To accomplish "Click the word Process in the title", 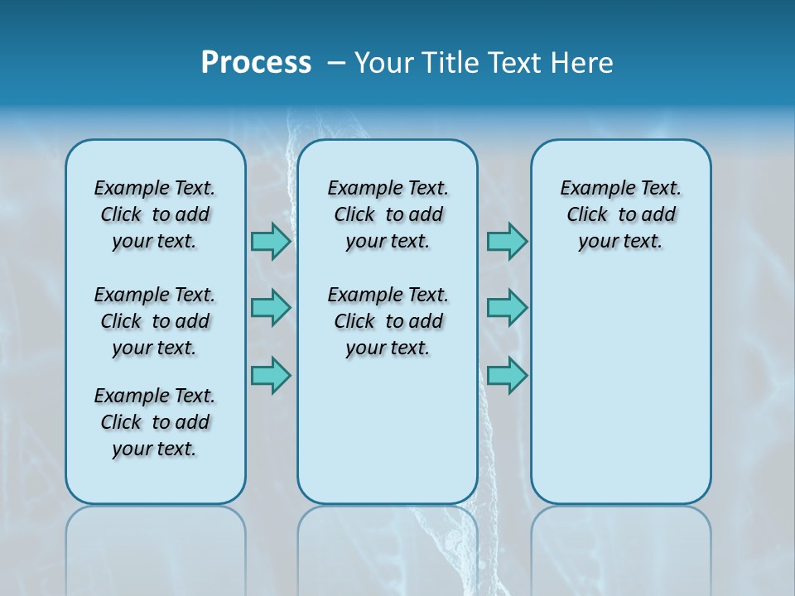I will (256, 63).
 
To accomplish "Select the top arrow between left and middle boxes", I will (271, 242).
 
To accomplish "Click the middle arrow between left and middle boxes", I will (271, 308).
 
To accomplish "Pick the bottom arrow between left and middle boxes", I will (271, 376).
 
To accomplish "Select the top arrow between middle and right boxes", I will (507, 242).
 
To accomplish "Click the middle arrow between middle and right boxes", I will (507, 308).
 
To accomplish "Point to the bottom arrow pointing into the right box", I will (507, 376).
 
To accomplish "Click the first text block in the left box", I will (155, 214).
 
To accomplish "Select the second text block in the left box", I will (155, 321).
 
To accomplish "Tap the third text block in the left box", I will (155, 422).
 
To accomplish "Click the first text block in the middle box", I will (388, 214).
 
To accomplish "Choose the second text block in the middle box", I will (388, 321).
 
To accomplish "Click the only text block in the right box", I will (621, 214).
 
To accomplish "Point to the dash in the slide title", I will (336, 63).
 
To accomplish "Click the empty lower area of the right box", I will (621, 397).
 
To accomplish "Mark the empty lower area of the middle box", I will (388, 430).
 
